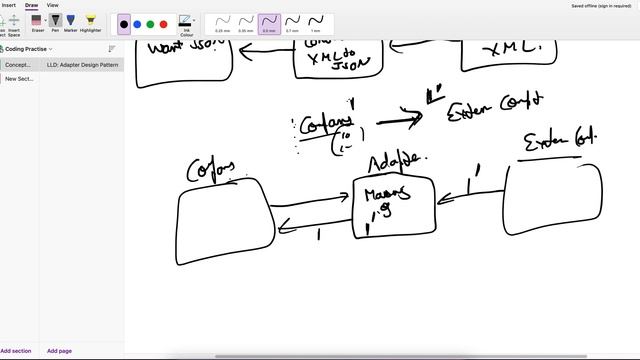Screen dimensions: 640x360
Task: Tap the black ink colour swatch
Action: click(124, 24)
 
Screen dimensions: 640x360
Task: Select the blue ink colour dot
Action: click(138, 24)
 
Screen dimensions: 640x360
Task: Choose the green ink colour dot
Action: click(151, 24)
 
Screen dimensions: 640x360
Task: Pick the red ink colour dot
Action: click(164, 24)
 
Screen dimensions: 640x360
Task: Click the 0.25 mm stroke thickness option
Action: click(222, 22)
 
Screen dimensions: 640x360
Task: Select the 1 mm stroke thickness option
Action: click(315, 22)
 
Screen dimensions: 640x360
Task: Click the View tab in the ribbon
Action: click(53, 5)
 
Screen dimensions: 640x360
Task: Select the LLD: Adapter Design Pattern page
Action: click(83, 64)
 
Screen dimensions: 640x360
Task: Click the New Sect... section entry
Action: click(19, 78)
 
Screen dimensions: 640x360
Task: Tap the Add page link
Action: click(59, 351)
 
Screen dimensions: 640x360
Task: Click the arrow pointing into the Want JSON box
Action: click(265, 56)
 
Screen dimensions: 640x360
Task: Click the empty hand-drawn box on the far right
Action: click(554, 198)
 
